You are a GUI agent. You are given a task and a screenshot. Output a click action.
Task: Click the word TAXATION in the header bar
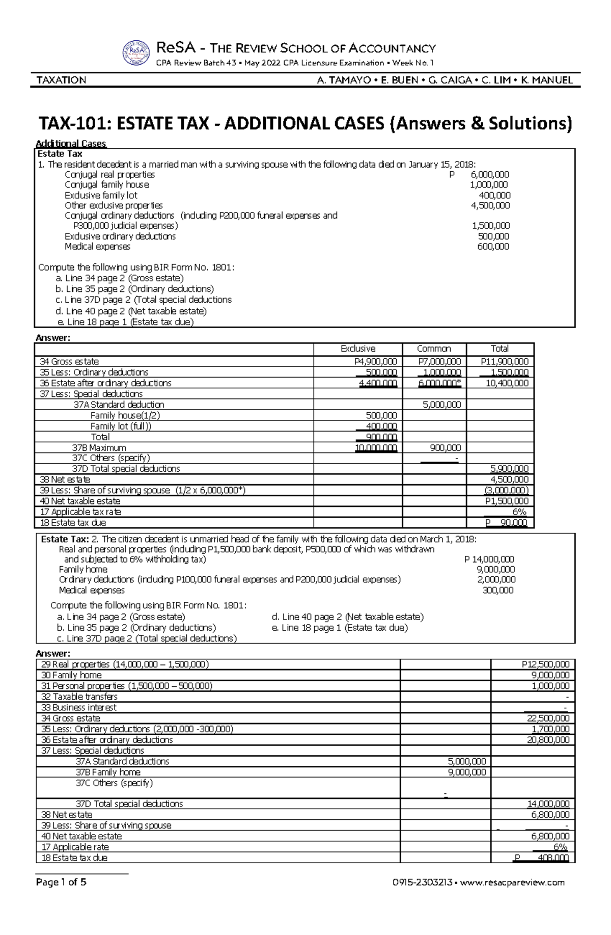tap(61, 80)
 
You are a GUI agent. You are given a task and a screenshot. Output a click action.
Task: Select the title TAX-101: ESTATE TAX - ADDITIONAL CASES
tap(305, 124)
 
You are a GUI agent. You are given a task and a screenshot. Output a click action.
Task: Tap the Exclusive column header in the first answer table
tap(358, 349)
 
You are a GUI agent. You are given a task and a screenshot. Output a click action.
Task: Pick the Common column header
tap(434, 349)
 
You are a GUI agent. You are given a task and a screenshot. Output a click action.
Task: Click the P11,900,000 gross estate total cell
tap(504, 361)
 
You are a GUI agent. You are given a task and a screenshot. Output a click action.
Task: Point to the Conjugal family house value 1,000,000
tap(488, 185)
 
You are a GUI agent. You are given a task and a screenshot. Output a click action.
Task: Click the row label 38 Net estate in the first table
tap(65, 479)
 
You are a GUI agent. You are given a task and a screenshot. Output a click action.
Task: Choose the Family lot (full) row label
tap(121, 426)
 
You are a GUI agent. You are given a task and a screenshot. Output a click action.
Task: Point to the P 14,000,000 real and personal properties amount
tap(489, 559)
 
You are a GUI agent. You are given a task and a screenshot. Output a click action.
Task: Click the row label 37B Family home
tap(108, 772)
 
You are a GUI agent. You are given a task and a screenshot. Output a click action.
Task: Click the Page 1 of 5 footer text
tap(61, 883)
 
